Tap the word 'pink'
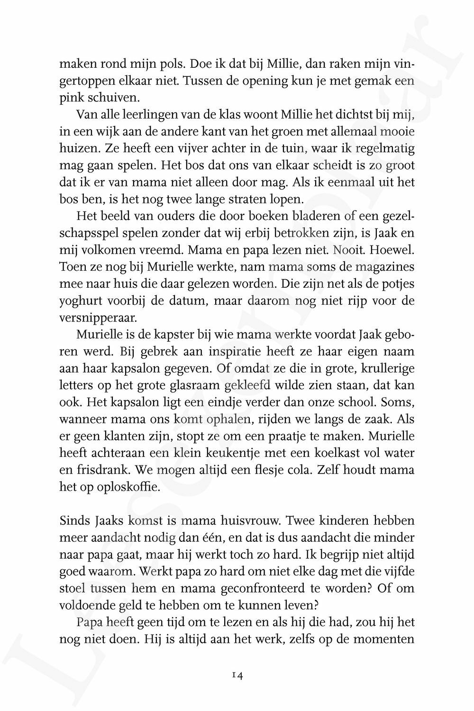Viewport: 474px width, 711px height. click(x=70, y=98)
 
